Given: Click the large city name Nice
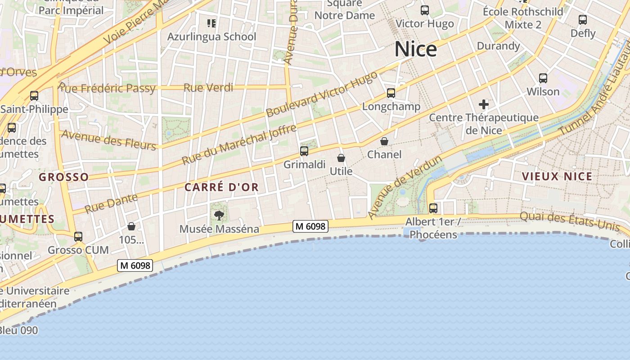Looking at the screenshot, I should pyautogui.click(x=415, y=49).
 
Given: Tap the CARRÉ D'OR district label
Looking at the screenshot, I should pyautogui.click(x=222, y=187).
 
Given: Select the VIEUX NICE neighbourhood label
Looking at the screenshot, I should pyautogui.click(x=557, y=176).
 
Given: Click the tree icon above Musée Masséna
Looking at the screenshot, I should pyautogui.click(x=219, y=215).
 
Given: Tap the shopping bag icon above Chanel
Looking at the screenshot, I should pyautogui.click(x=384, y=141).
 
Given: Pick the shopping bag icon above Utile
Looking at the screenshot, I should pyautogui.click(x=341, y=158).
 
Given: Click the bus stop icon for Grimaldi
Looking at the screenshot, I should pyautogui.click(x=304, y=151).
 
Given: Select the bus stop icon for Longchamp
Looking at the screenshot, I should pyautogui.click(x=391, y=93).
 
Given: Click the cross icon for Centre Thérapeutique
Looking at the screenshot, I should pyautogui.click(x=484, y=105).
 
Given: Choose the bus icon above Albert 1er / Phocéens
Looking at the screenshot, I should pyautogui.click(x=433, y=208).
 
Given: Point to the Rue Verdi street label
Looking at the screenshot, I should pyautogui.click(x=208, y=87).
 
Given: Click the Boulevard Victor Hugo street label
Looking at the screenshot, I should pyautogui.click(x=321, y=94).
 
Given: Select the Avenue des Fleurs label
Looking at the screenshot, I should pyautogui.click(x=108, y=140).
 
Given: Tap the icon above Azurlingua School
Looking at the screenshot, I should pyautogui.click(x=211, y=23).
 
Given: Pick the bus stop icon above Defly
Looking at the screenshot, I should pyautogui.click(x=583, y=20).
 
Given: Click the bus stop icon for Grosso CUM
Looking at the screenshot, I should pyautogui.click(x=78, y=236).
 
